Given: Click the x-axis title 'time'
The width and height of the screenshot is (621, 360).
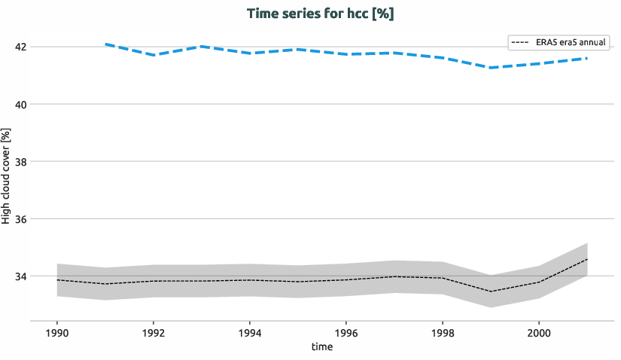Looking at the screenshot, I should (321, 347).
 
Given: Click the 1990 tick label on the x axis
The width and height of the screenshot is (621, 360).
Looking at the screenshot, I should (57, 332).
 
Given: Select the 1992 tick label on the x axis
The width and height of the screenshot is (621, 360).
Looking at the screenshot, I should (154, 332).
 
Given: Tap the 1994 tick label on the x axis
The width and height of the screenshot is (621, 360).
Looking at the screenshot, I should (250, 332).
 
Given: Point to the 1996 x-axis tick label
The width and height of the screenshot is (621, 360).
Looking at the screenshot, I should (346, 332).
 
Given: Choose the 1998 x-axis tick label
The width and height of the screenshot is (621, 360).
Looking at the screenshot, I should (442, 332).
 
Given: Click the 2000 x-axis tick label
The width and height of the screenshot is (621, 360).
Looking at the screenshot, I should (538, 332).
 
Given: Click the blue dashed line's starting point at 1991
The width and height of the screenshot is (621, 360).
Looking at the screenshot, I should (105, 44).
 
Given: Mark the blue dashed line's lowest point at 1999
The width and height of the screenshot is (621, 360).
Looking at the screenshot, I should (490, 68).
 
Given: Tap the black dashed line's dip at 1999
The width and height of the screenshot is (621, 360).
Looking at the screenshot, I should (490, 291).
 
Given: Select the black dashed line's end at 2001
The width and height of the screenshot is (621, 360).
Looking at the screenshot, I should (586, 259).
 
